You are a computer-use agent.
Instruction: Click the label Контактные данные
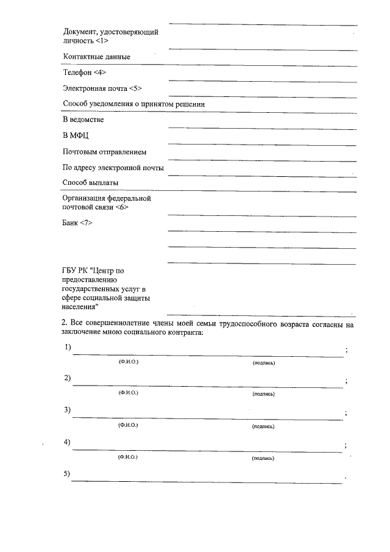pos(97,57)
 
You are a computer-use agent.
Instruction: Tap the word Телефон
pos(77,72)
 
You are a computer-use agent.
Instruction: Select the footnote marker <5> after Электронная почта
pos(135,88)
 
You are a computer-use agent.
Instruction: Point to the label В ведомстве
pos(83,120)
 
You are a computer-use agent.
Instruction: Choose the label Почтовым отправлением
pos(105,151)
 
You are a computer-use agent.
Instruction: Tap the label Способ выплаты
pos(90,182)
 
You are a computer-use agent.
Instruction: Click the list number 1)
pos(67,347)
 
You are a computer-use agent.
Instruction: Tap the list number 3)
pos(67,409)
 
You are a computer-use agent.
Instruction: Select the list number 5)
pos(67,474)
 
